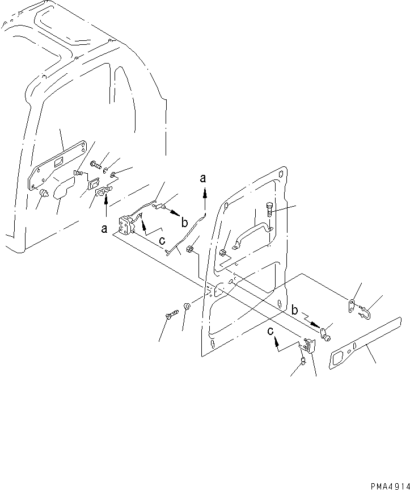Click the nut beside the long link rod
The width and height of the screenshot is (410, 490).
click(x=191, y=248)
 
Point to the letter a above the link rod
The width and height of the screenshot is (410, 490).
click(x=202, y=179)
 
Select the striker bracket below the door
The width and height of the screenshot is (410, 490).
click(x=308, y=346)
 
